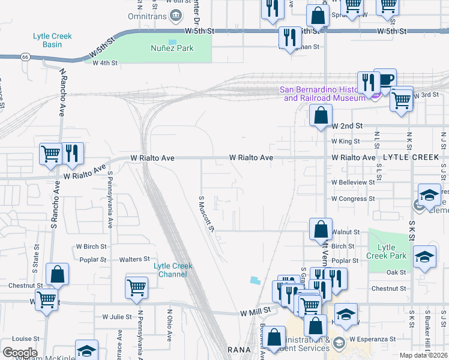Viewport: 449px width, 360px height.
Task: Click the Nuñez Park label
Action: (172, 48)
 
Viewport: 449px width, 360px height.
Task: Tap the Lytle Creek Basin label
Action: (52, 40)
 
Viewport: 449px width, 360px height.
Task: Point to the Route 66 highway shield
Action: (25, 57)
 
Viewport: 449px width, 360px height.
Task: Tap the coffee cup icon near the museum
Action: (385, 79)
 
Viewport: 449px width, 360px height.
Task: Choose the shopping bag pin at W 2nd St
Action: (321, 115)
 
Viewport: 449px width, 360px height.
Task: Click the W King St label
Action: (345, 142)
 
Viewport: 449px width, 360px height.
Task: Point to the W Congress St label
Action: (353, 199)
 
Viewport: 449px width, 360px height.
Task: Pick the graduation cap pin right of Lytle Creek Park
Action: (425, 257)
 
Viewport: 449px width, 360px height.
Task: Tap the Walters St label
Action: (134, 259)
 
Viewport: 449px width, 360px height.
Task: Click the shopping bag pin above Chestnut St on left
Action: (58, 275)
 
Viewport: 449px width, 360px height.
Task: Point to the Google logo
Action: (19, 352)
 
